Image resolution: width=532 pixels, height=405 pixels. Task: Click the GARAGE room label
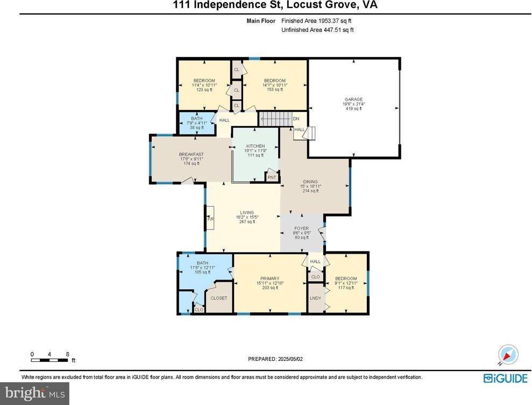(x=353, y=99)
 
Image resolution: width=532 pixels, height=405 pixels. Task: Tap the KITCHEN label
(x=255, y=146)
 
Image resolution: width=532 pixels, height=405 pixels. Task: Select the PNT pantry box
(x=272, y=177)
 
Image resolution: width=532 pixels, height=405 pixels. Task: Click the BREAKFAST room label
(x=191, y=155)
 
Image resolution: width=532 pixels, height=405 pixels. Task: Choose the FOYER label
(x=301, y=228)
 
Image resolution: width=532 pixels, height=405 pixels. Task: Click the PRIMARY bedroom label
(x=270, y=278)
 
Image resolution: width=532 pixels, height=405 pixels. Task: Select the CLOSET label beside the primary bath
(x=218, y=298)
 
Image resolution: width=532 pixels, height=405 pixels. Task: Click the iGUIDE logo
(x=505, y=378)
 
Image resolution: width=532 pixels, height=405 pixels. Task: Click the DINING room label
(x=310, y=181)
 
